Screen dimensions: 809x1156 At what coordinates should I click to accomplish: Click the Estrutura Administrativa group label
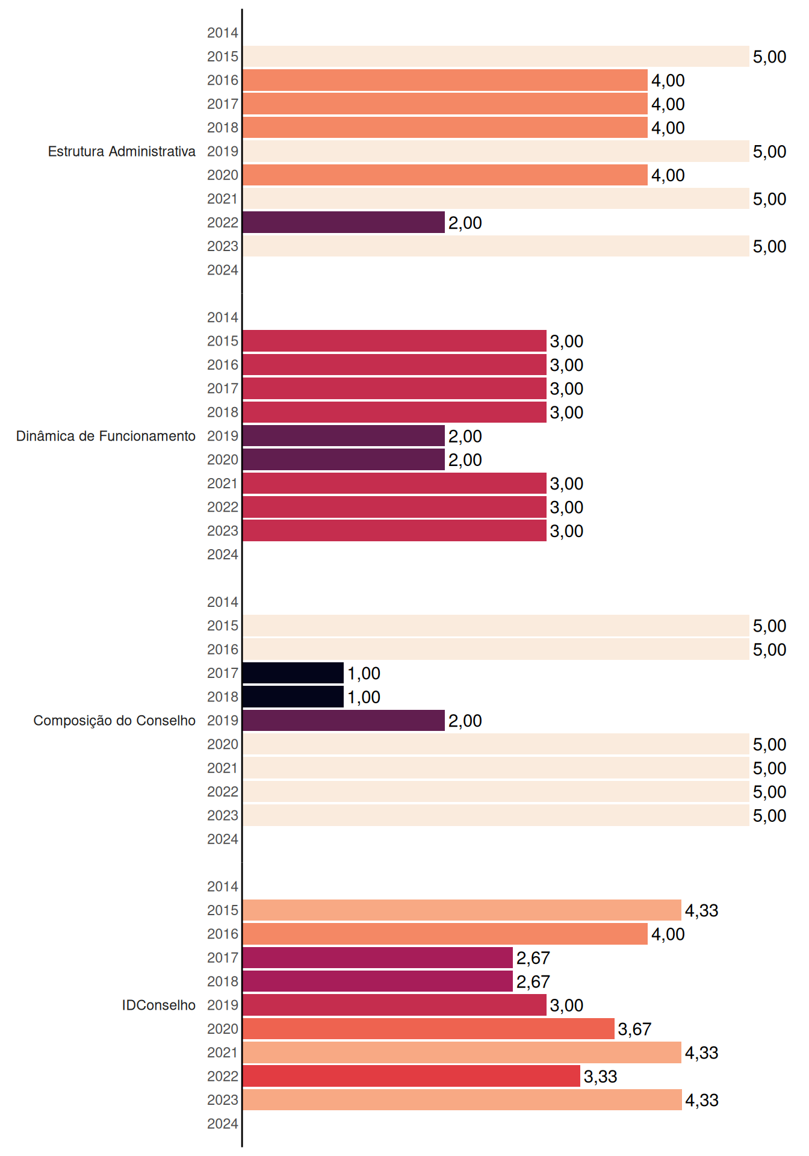point(122,151)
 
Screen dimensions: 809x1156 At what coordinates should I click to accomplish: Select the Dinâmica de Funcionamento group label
point(106,436)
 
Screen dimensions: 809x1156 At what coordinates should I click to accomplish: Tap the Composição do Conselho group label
point(114,721)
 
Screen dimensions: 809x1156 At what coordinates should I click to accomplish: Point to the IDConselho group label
point(159,1005)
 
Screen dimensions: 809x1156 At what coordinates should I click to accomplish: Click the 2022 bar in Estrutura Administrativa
point(344,222)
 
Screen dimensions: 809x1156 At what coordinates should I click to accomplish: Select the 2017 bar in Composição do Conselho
point(293,673)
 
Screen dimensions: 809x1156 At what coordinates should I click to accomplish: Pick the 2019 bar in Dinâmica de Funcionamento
point(344,436)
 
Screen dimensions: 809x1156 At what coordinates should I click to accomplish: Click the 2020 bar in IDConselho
point(429,1029)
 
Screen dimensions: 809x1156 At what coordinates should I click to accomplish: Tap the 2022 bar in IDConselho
point(412,1076)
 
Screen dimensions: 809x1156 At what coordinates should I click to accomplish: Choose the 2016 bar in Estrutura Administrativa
point(445,80)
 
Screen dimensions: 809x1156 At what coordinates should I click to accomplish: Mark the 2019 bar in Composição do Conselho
point(344,721)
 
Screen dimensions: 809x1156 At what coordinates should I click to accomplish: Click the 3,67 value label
point(635,1030)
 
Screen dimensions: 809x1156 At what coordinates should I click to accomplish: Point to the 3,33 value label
point(601,1077)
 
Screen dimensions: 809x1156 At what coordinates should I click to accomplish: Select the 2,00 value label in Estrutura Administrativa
point(465,223)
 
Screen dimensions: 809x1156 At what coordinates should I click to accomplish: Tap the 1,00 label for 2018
point(364,697)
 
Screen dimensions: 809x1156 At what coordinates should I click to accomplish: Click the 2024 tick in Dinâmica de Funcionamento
point(223,555)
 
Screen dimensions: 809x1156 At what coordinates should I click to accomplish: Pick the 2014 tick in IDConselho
point(223,886)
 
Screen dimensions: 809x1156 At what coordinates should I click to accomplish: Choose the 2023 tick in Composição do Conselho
point(223,815)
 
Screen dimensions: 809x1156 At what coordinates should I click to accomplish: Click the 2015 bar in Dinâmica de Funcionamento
point(395,341)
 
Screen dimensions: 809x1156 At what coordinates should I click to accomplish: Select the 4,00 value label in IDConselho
point(668,934)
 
